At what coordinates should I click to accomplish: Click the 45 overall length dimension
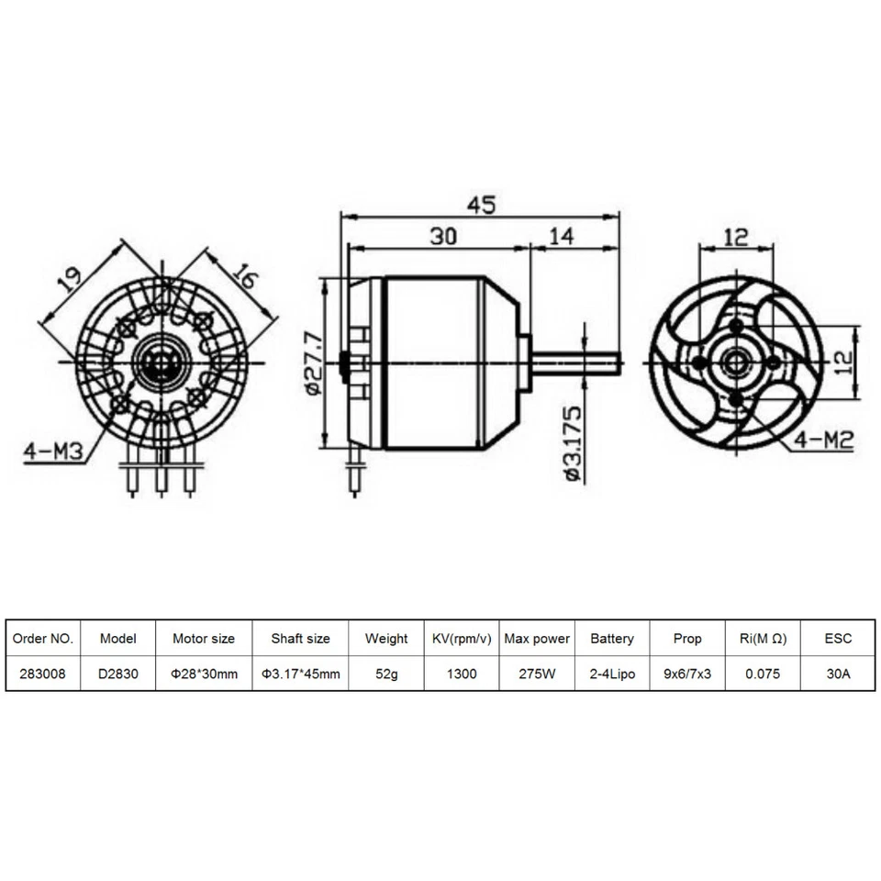(481, 205)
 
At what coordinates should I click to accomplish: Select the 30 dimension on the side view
(444, 236)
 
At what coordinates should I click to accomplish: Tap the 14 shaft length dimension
(560, 236)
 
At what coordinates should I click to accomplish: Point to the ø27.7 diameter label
(311, 364)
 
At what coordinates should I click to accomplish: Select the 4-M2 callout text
(824, 441)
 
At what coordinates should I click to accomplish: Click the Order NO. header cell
(43, 639)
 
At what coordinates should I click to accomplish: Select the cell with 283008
(43, 674)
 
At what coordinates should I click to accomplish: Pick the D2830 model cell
(118, 674)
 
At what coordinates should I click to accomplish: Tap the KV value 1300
(462, 674)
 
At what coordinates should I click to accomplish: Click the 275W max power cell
(537, 674)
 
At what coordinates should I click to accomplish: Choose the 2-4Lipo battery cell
(612, 674)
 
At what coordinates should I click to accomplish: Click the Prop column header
(687, 639)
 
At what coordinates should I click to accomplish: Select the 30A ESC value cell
(838, 674)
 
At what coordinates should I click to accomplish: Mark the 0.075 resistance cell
(763, 674)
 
